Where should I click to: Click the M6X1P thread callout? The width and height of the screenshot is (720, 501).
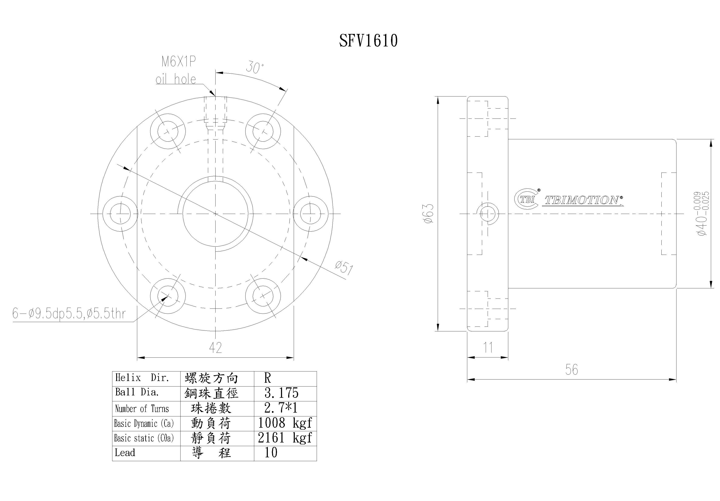[x=178, y=62]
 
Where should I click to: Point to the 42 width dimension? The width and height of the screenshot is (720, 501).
[x=215, y=347]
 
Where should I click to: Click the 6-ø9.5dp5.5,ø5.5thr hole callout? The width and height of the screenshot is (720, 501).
[x=69, y=313]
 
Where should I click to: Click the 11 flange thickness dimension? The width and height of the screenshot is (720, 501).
[x=488, y=347]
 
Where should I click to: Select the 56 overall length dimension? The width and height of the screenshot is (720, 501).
[x=571, y=370]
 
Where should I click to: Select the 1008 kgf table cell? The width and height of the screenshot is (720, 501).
[x=285, y=423]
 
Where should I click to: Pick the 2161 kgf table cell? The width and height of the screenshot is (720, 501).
[x=285, y=438]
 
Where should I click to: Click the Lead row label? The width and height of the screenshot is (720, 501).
[x=125, y=453]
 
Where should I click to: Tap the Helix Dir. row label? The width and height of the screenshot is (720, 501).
[x=142, y=378]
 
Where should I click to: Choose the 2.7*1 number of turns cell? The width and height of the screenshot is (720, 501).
[x=281, y=408]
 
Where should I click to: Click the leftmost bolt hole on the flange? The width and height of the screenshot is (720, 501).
[x=120, y=214]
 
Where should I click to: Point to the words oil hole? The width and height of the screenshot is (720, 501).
[x=176, y=79]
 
